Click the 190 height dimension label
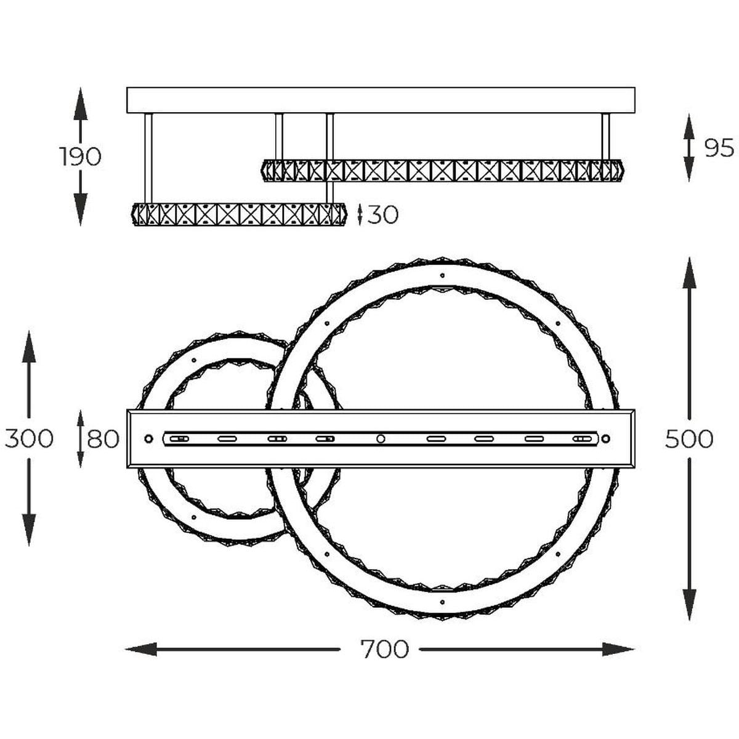[80, 156]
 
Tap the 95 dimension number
[719, 148]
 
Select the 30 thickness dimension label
[383, 215]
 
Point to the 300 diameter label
[29, 438]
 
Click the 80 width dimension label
[103, 438]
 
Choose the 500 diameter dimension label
[689, 438]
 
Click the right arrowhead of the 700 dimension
[619, 649]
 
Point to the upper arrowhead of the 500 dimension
[689, 273]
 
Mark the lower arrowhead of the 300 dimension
[29, 530]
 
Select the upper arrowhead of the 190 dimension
[80, 103]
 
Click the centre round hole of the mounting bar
[381, 438]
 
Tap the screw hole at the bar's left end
[148, 438]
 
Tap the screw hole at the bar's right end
[605, 438]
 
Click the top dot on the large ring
[442, 275]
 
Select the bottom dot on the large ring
[442, 602]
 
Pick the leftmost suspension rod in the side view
[148, 158]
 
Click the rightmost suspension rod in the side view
[605, 137]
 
